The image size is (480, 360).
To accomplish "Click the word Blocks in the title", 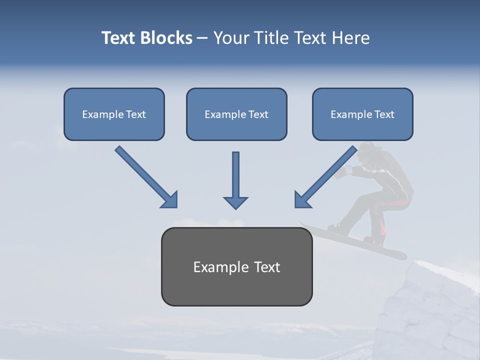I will coord(166,38).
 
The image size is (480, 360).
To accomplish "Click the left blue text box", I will coord(114,127).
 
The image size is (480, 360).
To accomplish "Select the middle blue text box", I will coord(236,127).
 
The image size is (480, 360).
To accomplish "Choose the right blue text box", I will coord(362,127).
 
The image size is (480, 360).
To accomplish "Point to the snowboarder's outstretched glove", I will coord(342,172).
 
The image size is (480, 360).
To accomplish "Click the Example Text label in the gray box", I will coord(236,267).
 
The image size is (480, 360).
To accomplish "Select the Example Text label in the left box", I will coord(114,114).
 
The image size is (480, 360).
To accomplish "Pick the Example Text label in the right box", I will coord(362,114).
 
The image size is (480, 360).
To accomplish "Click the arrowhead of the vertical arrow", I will coord(235,202).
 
